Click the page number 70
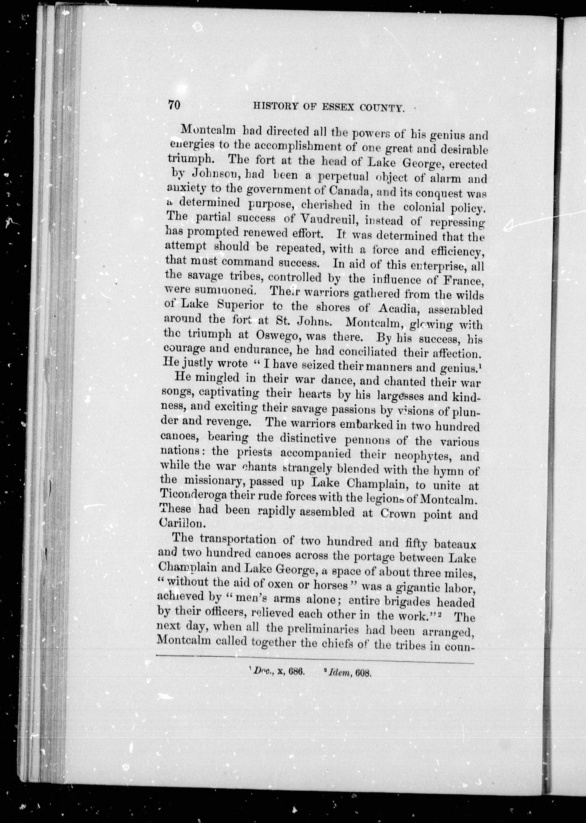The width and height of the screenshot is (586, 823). click(174, 105)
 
